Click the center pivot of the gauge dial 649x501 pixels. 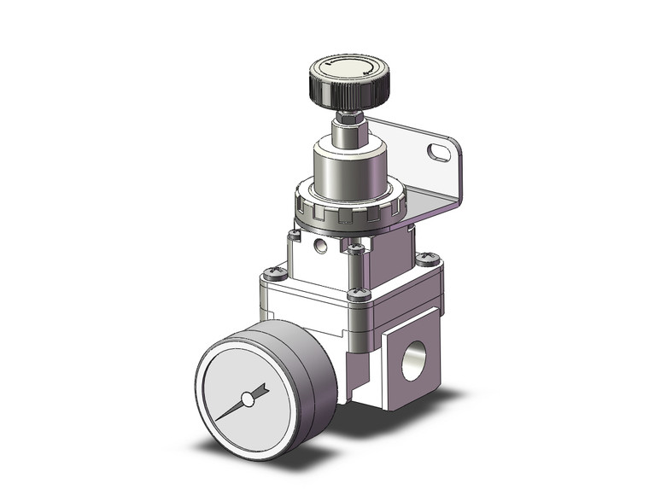pyautogui.click(x=248, y=399)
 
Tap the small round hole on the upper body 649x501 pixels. pyautogui.click(x=321, y=248)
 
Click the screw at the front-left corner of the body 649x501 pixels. pyautogui.click(x=275, y=273)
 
